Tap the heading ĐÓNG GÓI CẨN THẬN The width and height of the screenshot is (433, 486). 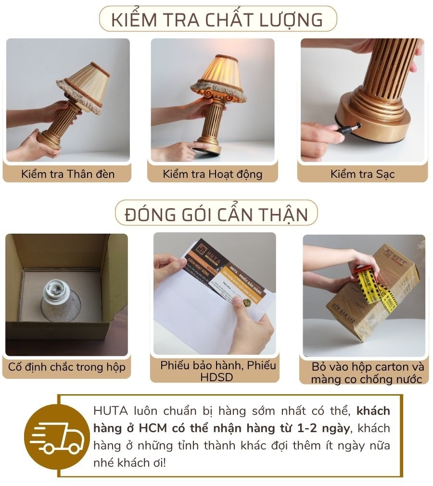coord(216,213)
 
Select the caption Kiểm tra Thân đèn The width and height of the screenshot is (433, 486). coord(68,174)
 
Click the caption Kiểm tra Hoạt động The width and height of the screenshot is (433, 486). coord(213,174)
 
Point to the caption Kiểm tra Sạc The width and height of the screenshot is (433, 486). coord(362,174)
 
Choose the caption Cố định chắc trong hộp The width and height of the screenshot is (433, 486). coord(67,367)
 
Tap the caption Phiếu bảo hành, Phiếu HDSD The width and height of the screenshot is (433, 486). coord(218,371)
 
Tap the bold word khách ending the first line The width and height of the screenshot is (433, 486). coord(373,411)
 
